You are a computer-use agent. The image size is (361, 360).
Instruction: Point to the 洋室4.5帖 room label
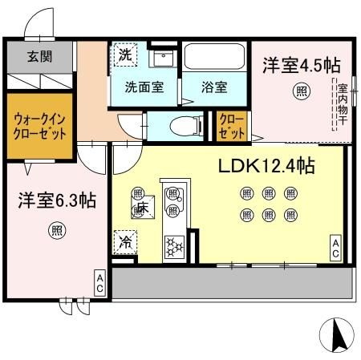(x=298, y=65)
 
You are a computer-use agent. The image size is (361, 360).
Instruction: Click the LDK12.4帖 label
(x=266, y=167)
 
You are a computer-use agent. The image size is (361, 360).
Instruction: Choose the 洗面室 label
(x=144, y=87)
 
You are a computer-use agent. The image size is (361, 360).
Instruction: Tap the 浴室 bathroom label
(x=213, y=87)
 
